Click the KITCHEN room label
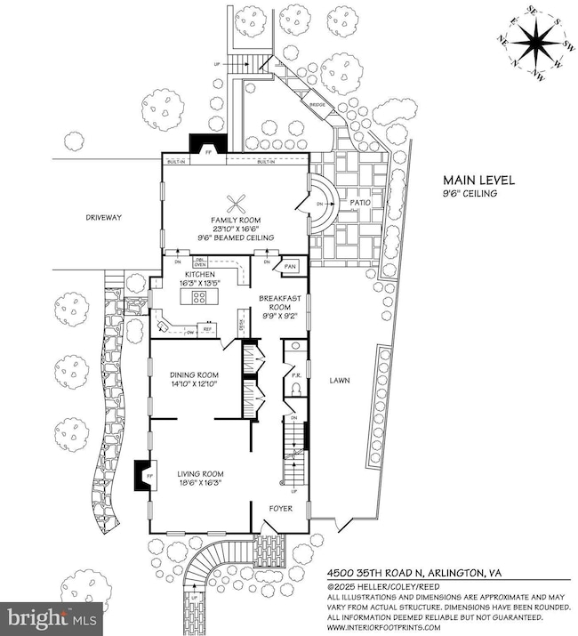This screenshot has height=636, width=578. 199,275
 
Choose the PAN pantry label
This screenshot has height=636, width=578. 289,266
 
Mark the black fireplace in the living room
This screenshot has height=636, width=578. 141,474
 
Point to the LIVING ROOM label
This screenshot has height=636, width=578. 199,473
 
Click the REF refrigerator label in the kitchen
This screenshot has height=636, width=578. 208,329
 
